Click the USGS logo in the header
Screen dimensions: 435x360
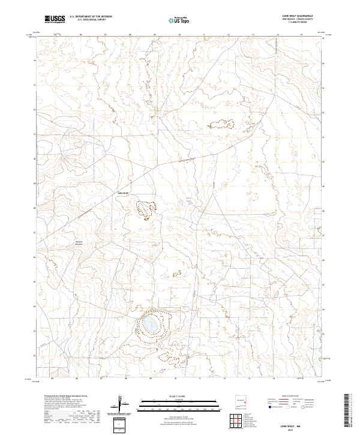tap(55, 19)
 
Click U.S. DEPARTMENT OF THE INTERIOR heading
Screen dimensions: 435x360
tap(91, 17)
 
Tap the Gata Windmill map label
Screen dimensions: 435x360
tap(122, 193)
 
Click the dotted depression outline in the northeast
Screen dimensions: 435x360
tap(220, 124)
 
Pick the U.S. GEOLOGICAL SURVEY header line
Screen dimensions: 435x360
tap(91, 20)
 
